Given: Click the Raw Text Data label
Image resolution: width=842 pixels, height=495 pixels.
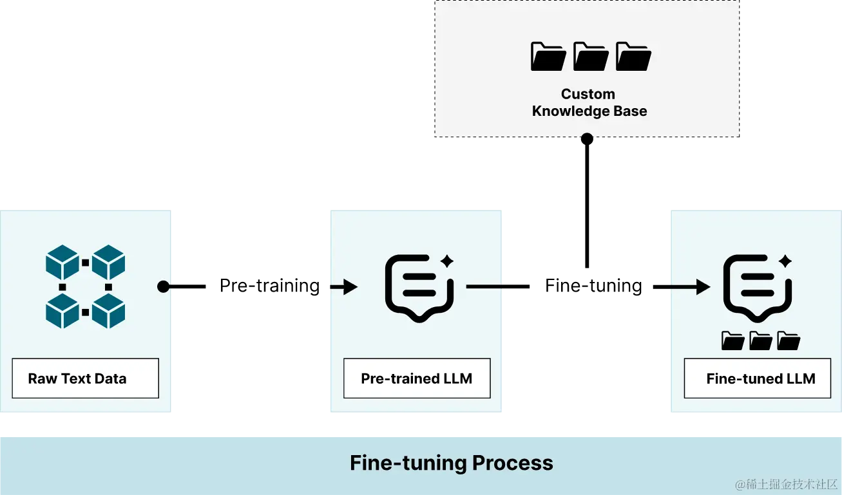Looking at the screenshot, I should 77,378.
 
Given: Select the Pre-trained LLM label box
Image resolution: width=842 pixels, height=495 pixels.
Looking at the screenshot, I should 416,378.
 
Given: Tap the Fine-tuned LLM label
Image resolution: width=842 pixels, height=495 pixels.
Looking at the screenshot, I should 761,378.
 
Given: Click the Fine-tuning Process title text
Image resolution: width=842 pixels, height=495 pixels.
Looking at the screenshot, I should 451,463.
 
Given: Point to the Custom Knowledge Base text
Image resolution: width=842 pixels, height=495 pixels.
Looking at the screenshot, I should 589,103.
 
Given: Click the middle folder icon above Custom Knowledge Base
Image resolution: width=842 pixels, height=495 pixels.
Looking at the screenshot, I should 591,56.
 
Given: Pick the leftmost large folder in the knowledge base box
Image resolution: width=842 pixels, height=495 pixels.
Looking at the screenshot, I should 548,56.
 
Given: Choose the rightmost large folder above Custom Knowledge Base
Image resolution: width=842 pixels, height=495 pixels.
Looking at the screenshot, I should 633,56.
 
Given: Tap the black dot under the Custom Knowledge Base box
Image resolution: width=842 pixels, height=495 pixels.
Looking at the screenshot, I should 587,136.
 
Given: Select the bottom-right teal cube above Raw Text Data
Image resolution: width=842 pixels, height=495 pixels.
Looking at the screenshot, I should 108,311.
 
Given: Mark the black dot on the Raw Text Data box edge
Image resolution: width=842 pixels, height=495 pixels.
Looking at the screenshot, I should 164,286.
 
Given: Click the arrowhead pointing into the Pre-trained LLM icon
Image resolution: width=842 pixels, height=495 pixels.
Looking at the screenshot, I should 350,286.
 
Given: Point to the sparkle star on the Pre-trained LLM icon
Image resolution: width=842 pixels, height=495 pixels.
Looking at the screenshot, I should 447,261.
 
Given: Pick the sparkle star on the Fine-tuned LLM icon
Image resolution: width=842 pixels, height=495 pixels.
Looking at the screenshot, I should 785,261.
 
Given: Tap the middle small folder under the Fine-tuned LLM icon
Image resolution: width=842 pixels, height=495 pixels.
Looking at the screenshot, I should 761,341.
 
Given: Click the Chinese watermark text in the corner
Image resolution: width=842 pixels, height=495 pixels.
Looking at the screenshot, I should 786,483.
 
